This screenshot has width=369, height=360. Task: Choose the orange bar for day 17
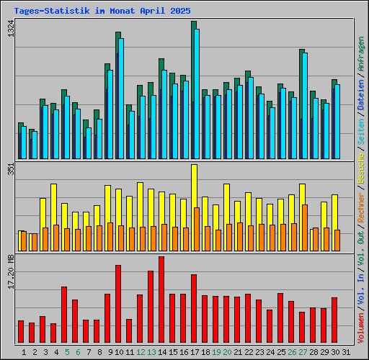tap(197, 228)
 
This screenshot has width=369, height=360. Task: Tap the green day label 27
tap(303, 352)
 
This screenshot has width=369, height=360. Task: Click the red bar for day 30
tap(334, 320)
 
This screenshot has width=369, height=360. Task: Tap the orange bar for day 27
tap(305, 227)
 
